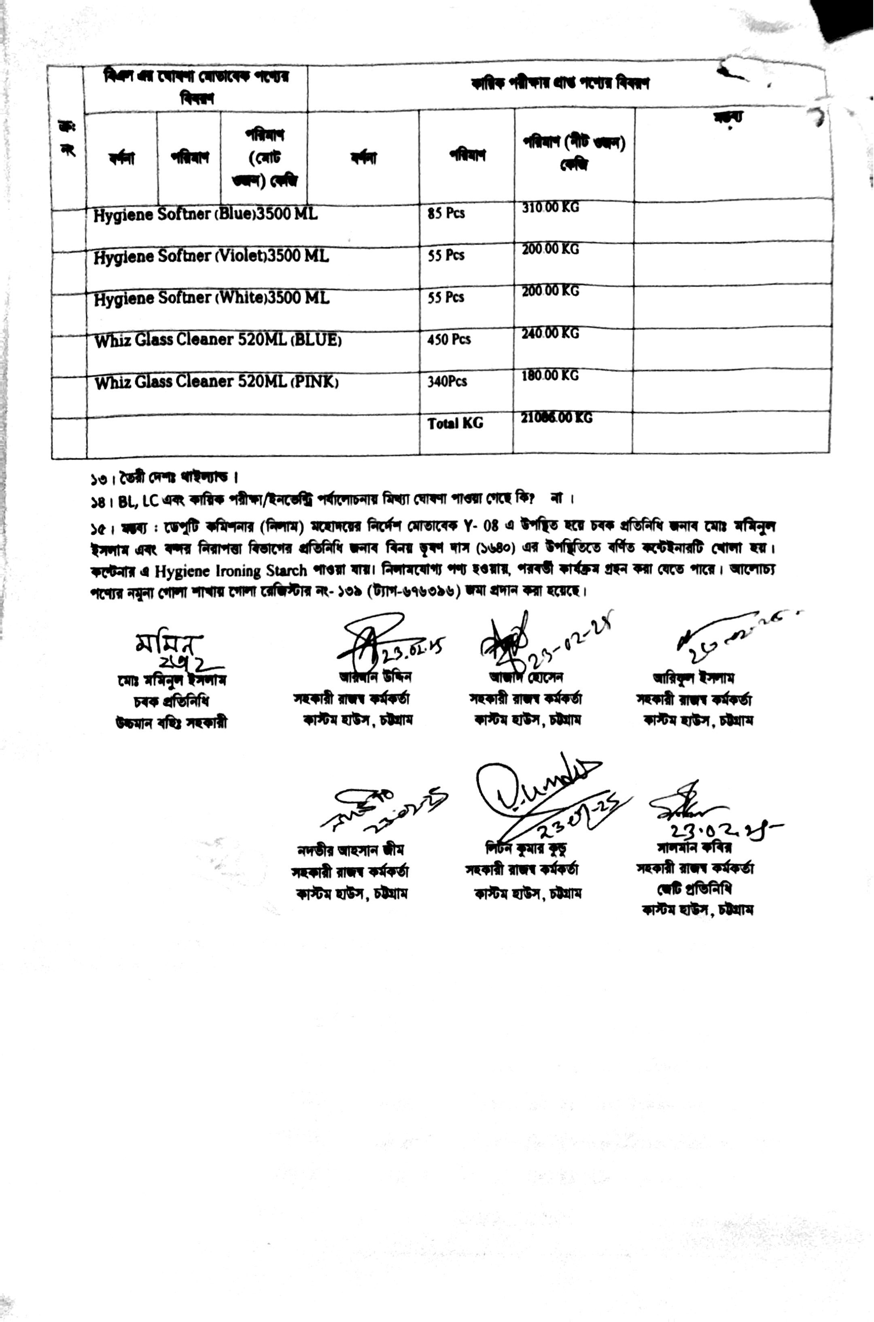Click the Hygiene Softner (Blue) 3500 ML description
[205, 215]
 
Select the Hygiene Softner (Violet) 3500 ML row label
[211, 257]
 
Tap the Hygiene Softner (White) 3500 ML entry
[211, 299]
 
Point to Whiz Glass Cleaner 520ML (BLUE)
[217, 340]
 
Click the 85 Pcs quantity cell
[446, 213]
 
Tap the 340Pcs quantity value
[447, 382]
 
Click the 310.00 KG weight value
[550, 207]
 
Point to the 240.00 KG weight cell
[550, 334]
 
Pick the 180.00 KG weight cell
[550, 375]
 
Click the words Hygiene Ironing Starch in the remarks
[231, 571]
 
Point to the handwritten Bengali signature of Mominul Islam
[170, 650]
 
